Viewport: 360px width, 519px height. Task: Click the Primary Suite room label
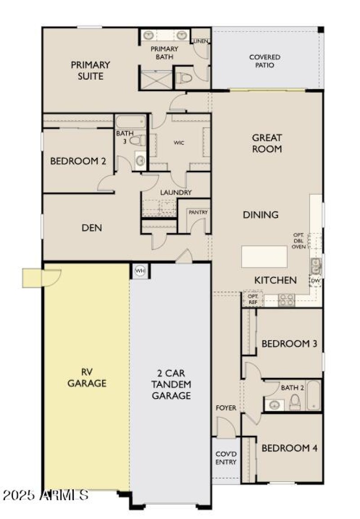point(90,70)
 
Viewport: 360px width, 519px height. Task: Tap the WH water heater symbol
point(139,271)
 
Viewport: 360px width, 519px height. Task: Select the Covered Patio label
point(265,61)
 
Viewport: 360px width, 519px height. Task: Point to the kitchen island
point(264,257)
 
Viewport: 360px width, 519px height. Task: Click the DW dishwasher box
point(316,281)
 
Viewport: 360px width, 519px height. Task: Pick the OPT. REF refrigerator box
point(252,298)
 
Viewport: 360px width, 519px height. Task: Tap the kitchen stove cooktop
point(286,300)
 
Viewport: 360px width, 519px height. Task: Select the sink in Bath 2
point(273,405)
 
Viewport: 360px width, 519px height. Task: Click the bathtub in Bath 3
point(130,122)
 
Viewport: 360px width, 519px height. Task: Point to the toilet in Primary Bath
point(185,78)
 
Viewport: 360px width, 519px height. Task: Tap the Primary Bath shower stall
point(156,80)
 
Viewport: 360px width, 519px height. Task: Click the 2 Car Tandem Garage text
point(171,385)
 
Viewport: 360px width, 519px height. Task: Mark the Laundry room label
point(176,192)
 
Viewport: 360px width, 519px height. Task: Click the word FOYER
point(226,408)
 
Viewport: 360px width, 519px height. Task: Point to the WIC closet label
point(179,143)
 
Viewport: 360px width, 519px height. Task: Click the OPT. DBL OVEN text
point(299,241)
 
